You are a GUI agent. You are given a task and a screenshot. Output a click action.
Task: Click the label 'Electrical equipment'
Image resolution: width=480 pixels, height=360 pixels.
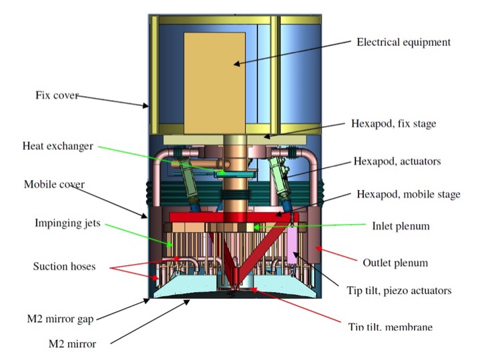click(404, 42)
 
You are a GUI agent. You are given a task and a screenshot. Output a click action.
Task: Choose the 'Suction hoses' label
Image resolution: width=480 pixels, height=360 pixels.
click(63, 267)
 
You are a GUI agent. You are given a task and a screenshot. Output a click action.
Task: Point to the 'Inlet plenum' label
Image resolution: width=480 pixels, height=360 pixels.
click(400, 226)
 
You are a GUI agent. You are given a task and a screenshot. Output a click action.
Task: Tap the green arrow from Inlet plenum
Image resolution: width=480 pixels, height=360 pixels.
click(307, 226)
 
